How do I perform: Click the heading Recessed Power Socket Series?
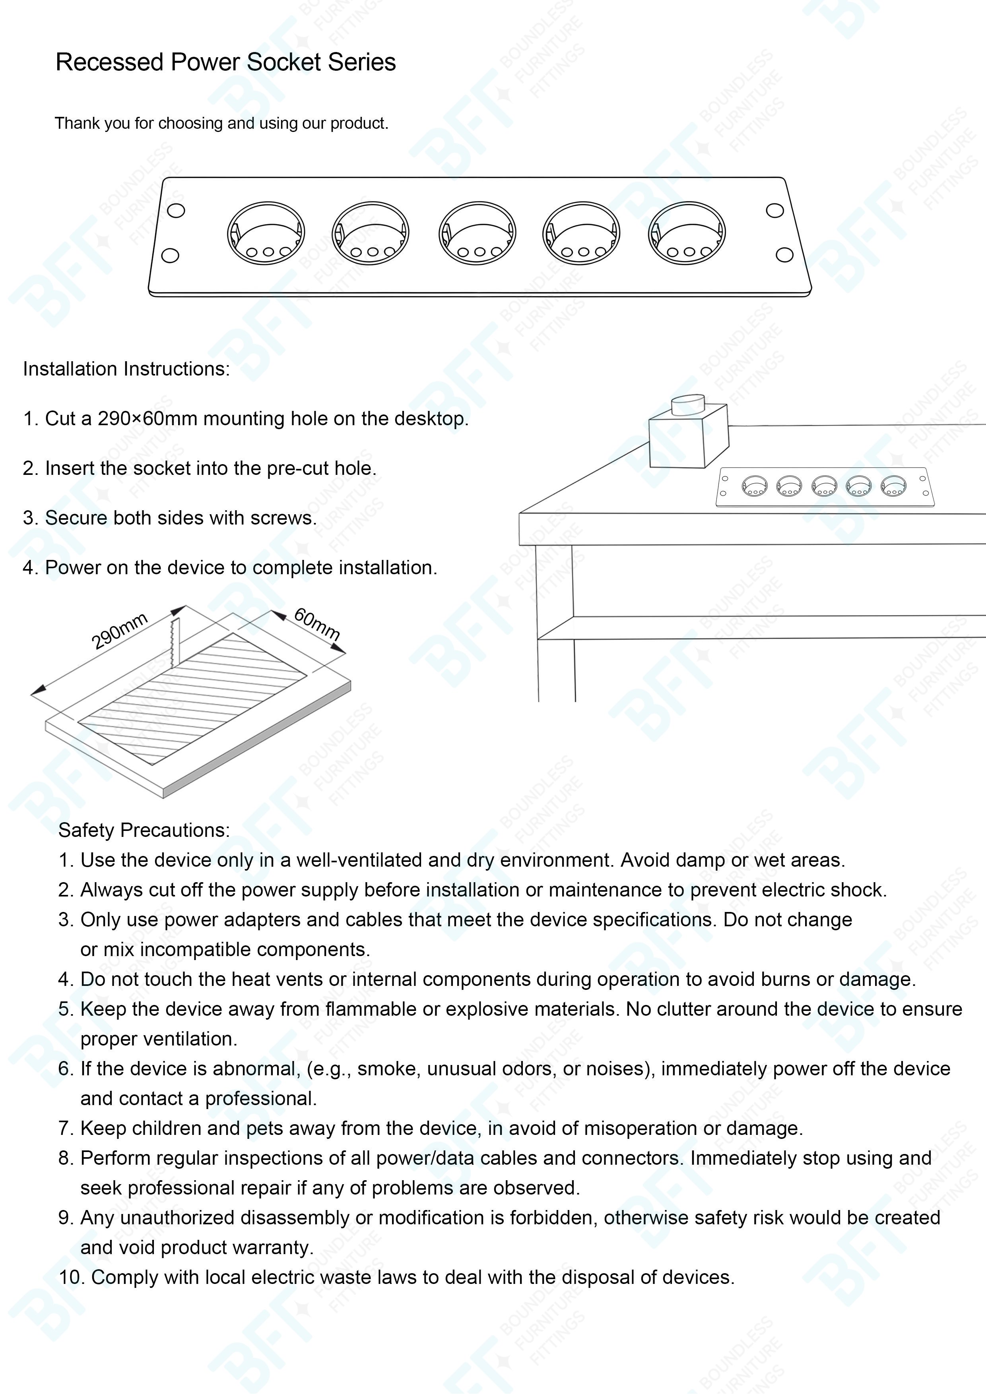(x=225, y=62)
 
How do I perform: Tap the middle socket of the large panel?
(x=477, y=234)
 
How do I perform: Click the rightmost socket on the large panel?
(x=687, y=234)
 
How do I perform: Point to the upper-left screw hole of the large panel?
(x=176, y=211)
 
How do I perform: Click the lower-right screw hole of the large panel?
(x=785, y=255)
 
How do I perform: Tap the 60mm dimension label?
(x=316, y=623)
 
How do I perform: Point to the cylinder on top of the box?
(x=688, y=405)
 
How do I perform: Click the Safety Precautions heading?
(x=144, y=830)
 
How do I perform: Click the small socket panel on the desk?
(x=825, y=486)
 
